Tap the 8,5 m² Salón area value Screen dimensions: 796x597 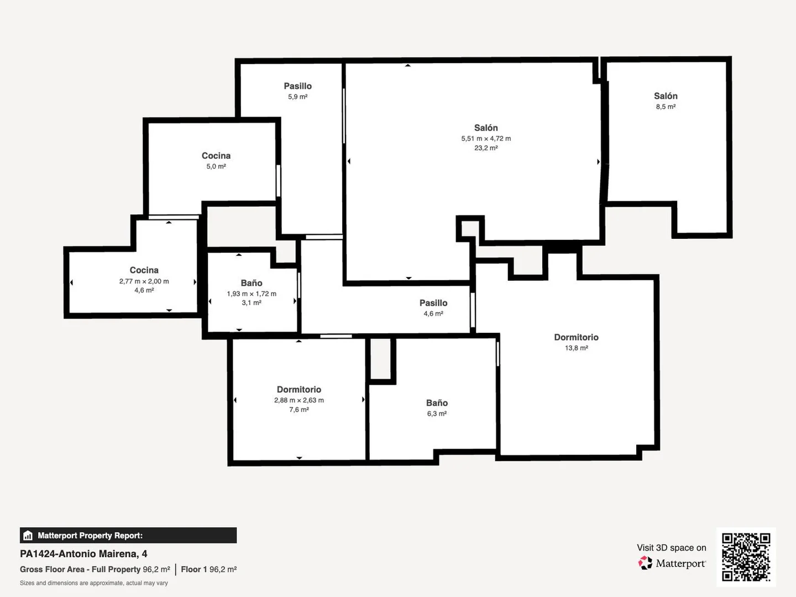666,107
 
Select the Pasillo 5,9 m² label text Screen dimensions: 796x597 298,91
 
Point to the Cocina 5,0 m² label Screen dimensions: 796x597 216,160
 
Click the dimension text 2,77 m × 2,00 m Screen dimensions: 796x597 144,281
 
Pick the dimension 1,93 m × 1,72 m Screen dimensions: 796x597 252,294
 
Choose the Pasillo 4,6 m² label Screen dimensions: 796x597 433,308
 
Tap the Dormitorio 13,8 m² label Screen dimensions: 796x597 576,342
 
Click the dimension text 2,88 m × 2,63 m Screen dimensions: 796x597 299,400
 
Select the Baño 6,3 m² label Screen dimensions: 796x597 437,408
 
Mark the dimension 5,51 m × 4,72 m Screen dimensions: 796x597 486,138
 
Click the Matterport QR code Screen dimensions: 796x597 746,557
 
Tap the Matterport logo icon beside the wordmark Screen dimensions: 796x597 645,563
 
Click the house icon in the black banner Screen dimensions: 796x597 28,536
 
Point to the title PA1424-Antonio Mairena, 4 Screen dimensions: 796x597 83,554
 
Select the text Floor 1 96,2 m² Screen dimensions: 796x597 209,569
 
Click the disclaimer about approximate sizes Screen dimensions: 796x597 94,583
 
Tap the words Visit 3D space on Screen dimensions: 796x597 672,548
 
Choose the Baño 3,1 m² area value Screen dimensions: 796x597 252,303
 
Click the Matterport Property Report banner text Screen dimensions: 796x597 90,536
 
